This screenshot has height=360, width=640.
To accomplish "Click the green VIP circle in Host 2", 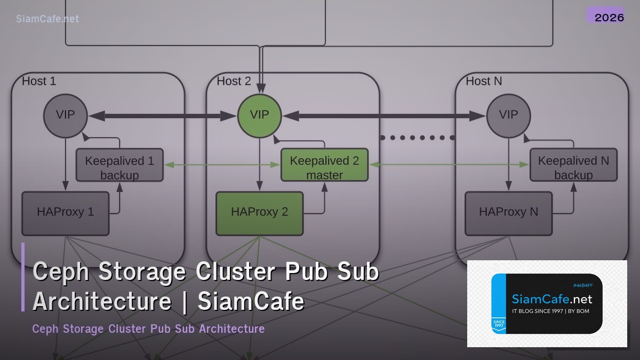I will (259, 115).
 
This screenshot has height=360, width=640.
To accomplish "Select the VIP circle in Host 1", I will (65, 115).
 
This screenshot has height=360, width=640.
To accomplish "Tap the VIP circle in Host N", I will (508, 115).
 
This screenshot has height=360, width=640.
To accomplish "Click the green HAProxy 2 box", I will (259, 213).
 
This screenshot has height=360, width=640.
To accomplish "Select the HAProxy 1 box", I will (65, 213).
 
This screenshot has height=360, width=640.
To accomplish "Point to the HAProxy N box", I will (508, 213).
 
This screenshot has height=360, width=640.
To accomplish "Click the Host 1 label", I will (39, 81).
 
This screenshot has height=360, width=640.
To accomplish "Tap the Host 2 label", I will (234, 81).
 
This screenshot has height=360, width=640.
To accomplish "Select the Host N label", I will (484, 81).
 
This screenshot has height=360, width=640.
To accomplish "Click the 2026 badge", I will (609, 17).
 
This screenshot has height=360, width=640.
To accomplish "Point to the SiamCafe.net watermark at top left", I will (47, 19).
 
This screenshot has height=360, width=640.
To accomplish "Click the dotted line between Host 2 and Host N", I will (417, 138).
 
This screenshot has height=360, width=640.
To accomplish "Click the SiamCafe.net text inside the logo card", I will (551, 299).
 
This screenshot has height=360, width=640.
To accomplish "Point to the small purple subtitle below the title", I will (148, 329).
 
